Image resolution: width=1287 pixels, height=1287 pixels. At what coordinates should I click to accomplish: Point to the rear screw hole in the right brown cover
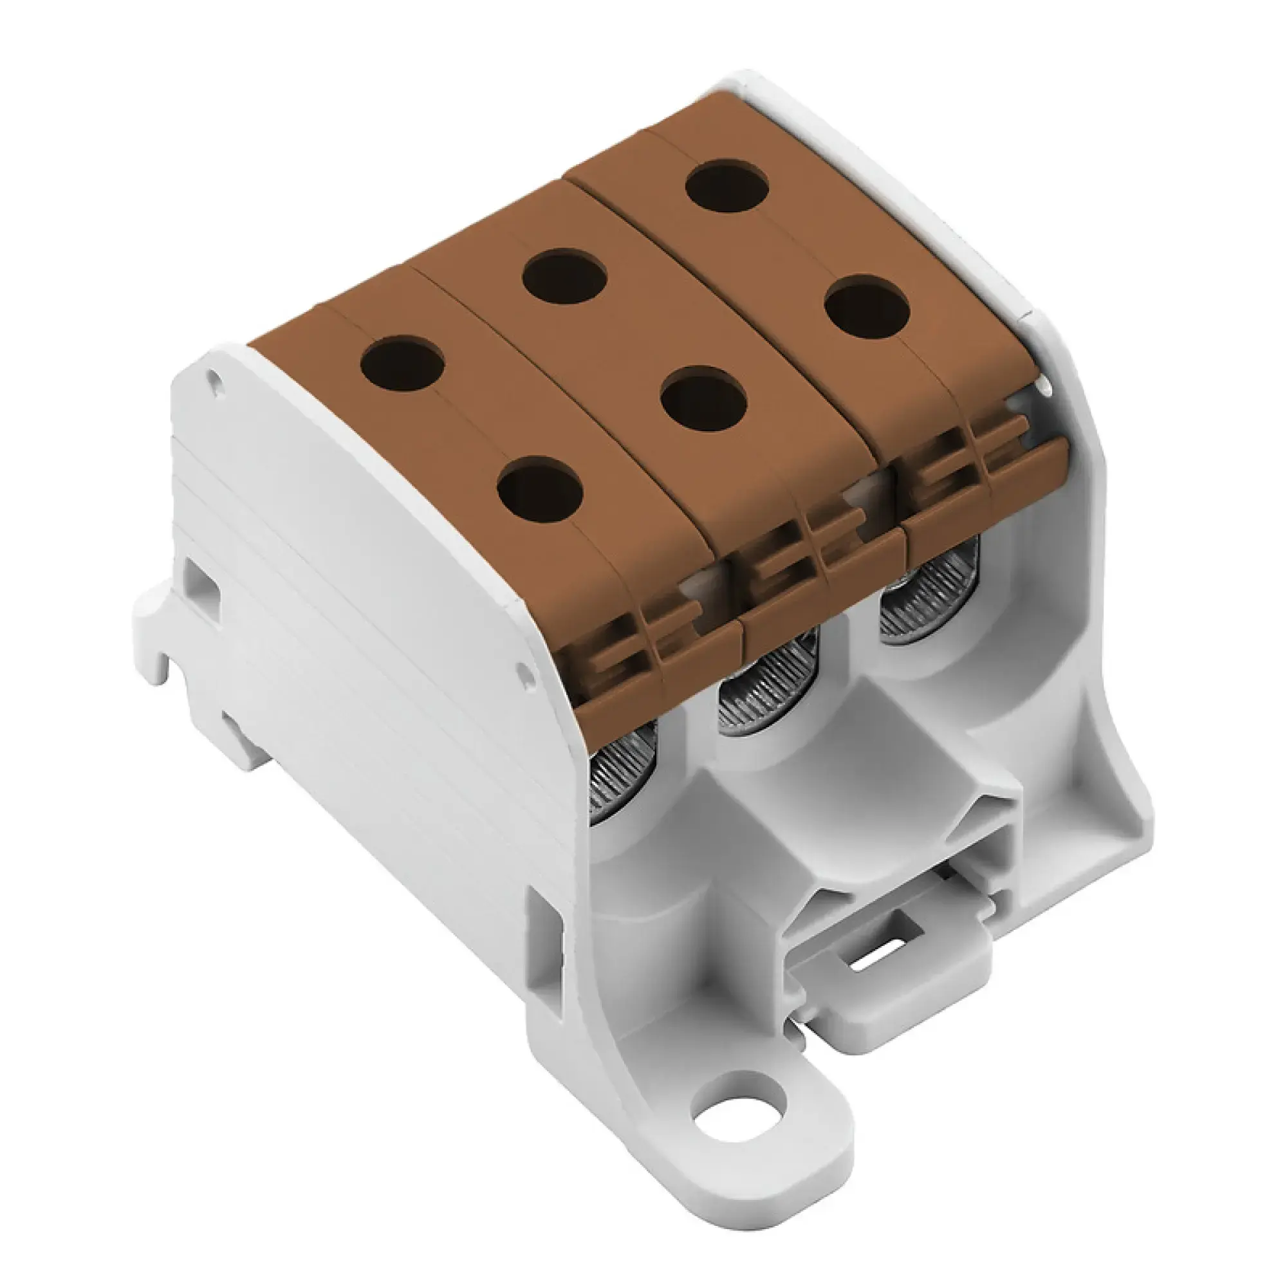pyautogui.click(x=727, y=186)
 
